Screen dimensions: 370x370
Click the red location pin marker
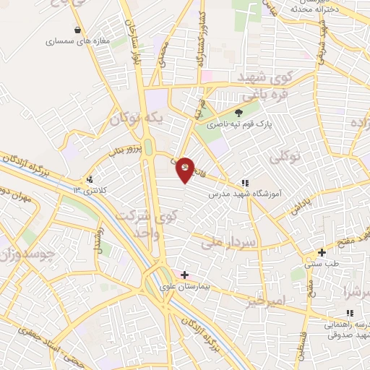point(186,169)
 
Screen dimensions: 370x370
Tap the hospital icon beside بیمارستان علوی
point(185,275)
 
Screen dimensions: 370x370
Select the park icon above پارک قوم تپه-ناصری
point(238,113)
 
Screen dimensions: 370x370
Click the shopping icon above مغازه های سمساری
point(77,30)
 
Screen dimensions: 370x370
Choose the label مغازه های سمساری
point(77,42)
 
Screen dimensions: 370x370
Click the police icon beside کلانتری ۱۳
point(90,179)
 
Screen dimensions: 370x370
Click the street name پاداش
point(301,208)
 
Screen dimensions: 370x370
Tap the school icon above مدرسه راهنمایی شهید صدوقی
point(350,312)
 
